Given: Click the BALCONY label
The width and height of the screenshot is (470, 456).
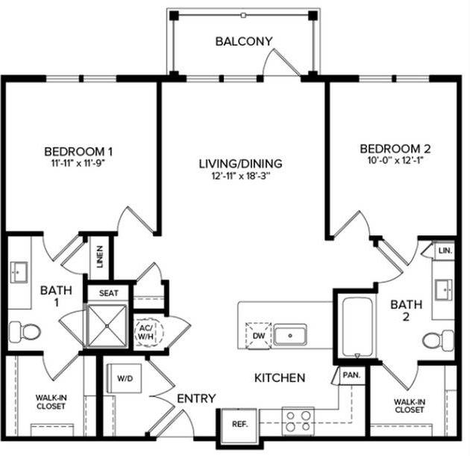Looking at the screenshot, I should [243, 41].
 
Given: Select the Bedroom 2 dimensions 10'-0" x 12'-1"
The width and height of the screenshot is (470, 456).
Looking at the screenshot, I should [395, 161].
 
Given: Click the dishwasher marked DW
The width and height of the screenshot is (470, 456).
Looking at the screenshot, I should [257, 336].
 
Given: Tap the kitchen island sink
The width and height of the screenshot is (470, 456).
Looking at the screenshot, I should [289, 334].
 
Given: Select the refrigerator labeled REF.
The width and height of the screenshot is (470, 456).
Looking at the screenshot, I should [239, 424].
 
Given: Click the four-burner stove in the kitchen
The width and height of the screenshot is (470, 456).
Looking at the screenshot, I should [298, 419].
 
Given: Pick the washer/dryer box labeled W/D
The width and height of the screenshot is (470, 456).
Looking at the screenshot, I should [123, 378].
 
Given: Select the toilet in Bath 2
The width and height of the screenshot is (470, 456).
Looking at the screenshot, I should [437, 341].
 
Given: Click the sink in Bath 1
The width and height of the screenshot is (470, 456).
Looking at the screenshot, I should [19, 274].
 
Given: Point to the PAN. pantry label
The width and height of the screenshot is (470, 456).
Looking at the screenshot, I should [350, 376].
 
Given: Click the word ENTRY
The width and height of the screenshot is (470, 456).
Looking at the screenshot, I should [197, 398].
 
